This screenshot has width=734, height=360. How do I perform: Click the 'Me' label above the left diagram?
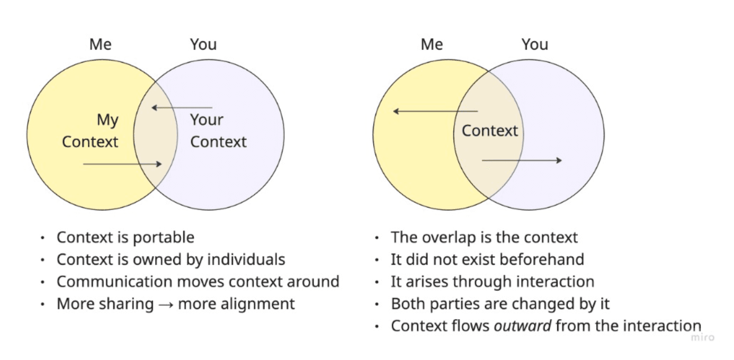pos(100,44)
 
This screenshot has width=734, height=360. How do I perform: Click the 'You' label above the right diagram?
pos(534,44)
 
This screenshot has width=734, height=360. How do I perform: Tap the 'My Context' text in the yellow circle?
pos(91,131)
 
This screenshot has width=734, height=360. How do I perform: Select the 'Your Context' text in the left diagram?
pos(218,131)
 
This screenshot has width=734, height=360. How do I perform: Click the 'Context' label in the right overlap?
pos(490,130)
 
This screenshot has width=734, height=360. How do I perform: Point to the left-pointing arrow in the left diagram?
pos(182,108)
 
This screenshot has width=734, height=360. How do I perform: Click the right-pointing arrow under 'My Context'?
pos(122,164)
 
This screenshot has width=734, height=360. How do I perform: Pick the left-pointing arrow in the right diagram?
pos(435,111)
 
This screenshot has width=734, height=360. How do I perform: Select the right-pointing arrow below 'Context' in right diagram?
pos(522,160)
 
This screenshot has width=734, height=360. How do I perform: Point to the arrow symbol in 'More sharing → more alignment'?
pos(167,304)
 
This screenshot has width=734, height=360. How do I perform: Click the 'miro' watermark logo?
pos(702,337)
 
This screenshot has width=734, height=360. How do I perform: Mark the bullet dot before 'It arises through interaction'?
pos(377,282)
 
